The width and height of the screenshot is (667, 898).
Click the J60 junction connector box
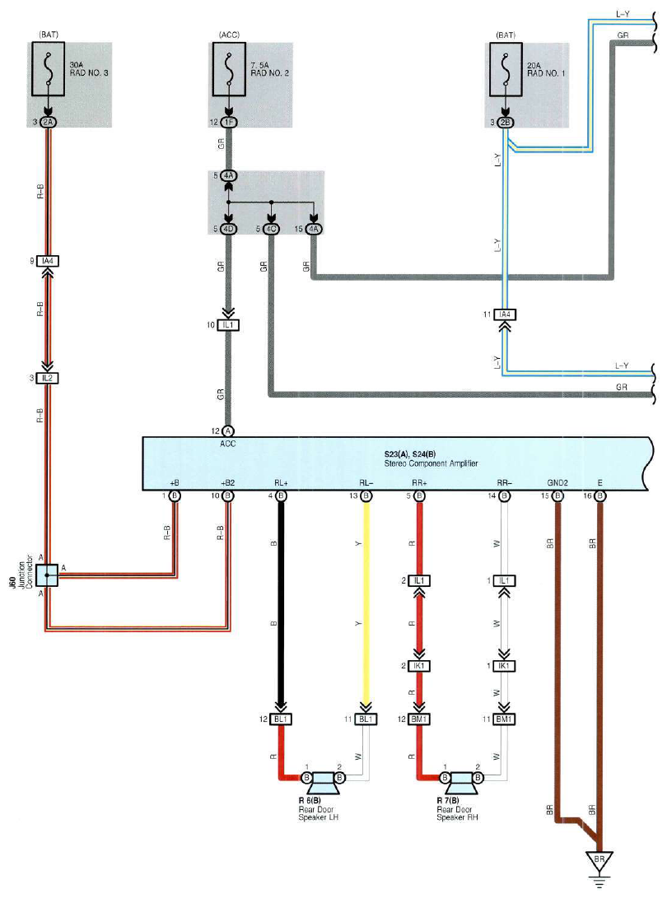pyautogui.click(x=47, y=575)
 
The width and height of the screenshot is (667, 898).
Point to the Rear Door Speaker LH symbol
pyautogui.click(x=323, y=782)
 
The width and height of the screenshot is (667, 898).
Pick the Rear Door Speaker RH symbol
pyautogui.click(x=461, y=782)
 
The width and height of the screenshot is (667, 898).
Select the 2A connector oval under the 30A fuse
pyautogui.click(x=48, y=122)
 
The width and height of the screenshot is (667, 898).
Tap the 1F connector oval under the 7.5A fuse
pyautogui.click(x=229, y=122)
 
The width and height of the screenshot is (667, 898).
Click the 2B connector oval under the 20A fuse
pyautogui.click(x=506, y=122)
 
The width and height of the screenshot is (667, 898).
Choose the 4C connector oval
pyautogui.click(x=271, y=229)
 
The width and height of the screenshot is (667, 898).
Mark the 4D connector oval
pyautogui.click(x=229, y=229)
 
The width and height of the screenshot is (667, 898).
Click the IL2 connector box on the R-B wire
pyautogui.click(x=48, y=379)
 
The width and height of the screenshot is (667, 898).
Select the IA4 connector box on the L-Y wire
pyautogui.click(x=504, y=314)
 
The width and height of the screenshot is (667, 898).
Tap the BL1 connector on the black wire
pyautogui.click(x=281, y=719)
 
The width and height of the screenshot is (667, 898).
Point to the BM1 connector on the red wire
pyautogui.click(x=419, y=719)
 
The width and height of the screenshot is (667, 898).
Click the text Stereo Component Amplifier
pyautogui.click(x=431, y=463)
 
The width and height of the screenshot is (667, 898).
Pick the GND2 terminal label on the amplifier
pyautogui.click(x=557, y=483)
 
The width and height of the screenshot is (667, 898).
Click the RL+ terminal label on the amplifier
pyautogui.click(x=281, y=483)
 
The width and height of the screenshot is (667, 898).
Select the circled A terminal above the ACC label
pyautogui.click(x=228, y=430)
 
